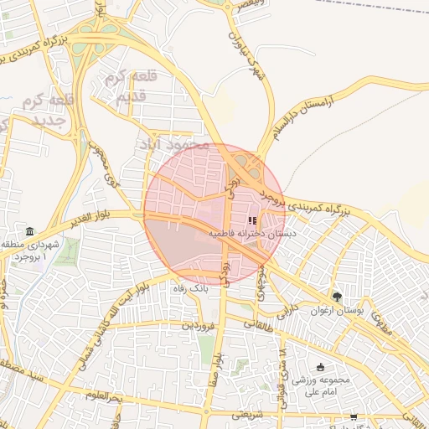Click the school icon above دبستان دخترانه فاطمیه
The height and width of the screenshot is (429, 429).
[x=253, y=220]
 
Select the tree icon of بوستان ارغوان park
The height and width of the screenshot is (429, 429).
[x=338, y=296]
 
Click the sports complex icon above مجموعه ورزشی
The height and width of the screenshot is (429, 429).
[x=321, y=367]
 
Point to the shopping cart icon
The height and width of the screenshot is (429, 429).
[x=354, y=416]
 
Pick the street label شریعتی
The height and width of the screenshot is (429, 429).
[x=247, y=414]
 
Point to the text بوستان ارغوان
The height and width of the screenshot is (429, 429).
[x=373, y=311]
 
